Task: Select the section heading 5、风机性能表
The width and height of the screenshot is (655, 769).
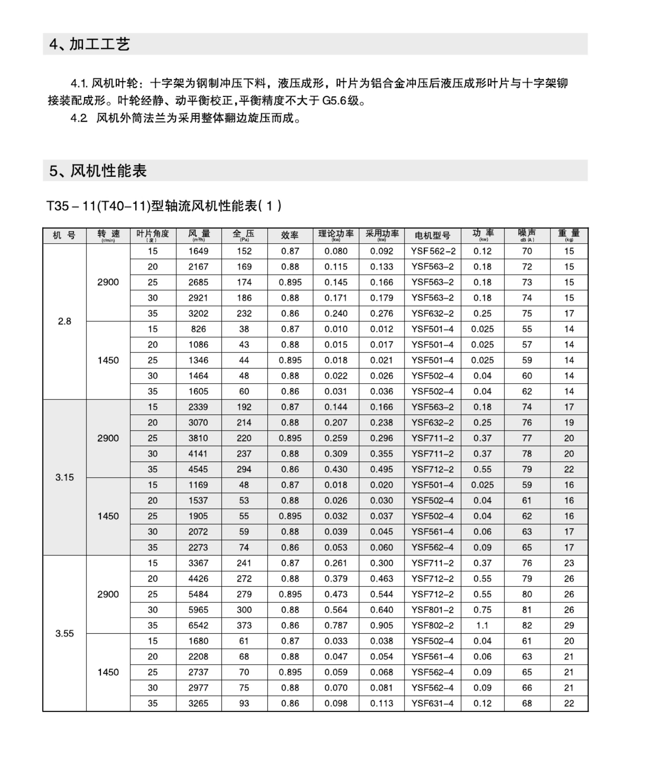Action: point(98,171)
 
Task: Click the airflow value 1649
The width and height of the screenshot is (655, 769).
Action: point(198,251)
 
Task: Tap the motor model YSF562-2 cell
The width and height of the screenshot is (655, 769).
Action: point(433,251)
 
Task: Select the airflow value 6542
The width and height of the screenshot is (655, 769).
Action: point(198,625)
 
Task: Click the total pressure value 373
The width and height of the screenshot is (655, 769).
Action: point(244,625)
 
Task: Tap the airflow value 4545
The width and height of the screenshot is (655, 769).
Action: point(198,469)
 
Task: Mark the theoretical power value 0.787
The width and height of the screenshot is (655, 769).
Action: point(336,625)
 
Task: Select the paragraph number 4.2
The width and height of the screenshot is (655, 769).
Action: point(79,118)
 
